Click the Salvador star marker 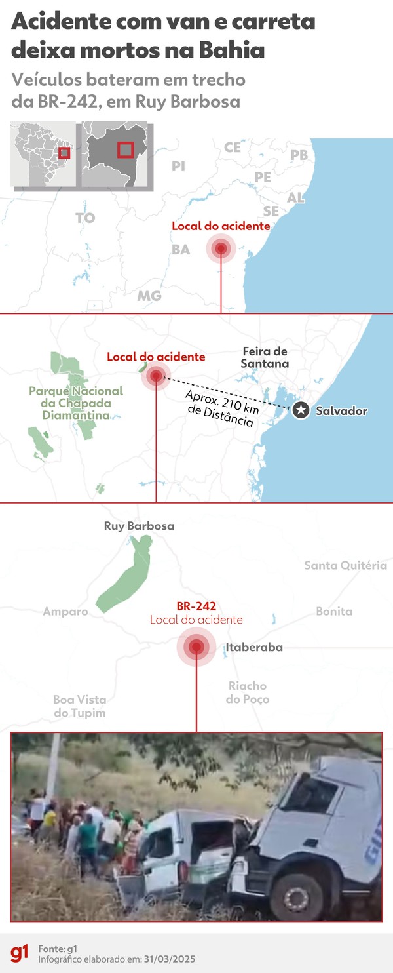click(301, 410)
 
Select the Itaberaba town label click(254, 647)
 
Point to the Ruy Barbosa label click(139, 526)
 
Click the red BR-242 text click(196, 607)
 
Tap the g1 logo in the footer click(20, 953)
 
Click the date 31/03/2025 click(171, 959)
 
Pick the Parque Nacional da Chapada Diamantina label click(76, 403)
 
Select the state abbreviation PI click(178, 166)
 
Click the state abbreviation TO click(85, 218)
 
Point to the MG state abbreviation click(149, 296)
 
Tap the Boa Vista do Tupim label click(79, 706)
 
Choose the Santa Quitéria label click(345, 565)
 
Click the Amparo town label click(65, 612)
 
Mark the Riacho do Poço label click(247, 692)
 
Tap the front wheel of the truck click(297, 894)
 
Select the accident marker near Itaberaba click(196, 648)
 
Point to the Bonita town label click(334, 611)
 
